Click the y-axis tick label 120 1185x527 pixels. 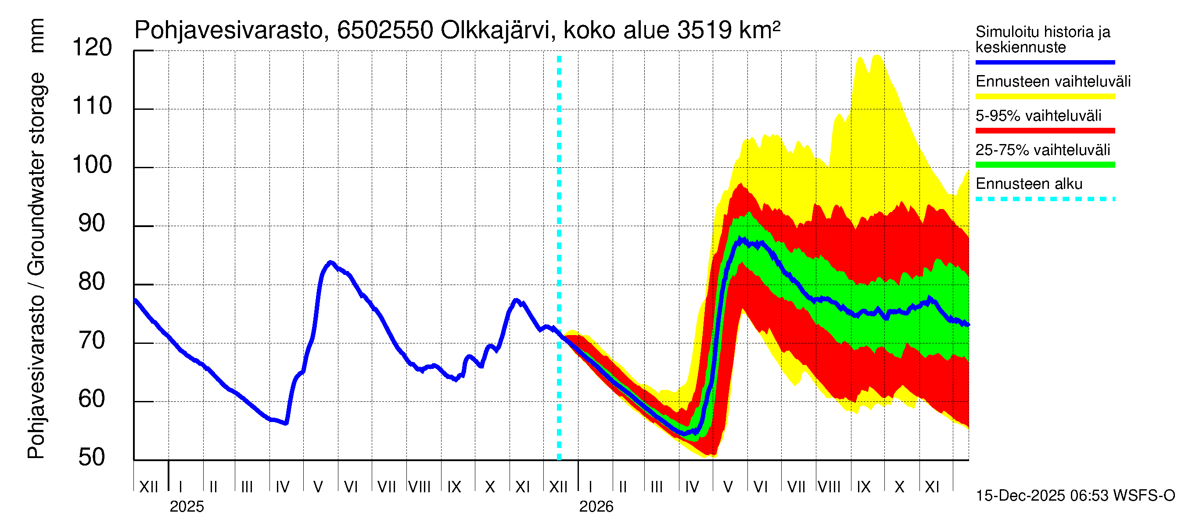[x=92, y=48]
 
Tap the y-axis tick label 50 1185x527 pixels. [x=92, y=458]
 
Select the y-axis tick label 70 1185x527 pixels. [x=92, y=341]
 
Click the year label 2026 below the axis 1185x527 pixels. [x=596, y=507]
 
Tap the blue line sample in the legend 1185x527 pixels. [x=1045, y=62]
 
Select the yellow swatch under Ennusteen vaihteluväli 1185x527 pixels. [x=1045, y=97]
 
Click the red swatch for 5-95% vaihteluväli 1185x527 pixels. [x=1045, y=131]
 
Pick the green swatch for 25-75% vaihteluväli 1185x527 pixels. [x=1045, y=165]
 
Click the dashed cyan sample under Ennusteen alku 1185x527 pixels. [x=1045, y=199]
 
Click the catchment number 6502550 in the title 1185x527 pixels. [x=385, y=31]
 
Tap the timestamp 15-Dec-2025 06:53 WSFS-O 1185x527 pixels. [x=1075, y=496]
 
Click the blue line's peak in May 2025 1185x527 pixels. [x=330, y=262]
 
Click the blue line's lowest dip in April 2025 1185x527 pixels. [x=286, y=423]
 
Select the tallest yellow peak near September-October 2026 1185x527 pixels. [x=877, y=56]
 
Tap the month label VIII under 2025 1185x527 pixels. [x=420, y=487]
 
